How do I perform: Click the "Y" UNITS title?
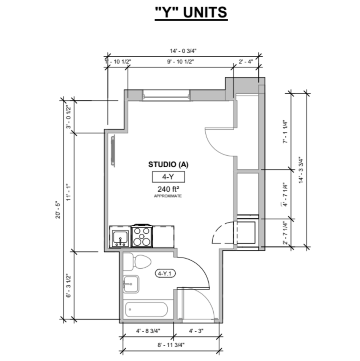point(191,12)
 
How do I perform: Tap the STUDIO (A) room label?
point(168,164)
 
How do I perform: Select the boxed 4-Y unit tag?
point(168,177)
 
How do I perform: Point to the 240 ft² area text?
point(168,189)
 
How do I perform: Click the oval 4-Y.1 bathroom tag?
point(165,274)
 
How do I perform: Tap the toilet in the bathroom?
point(138,262)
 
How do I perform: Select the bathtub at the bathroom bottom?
point(146,310)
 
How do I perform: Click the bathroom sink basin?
point(131,284)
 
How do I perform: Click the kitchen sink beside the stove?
point(120,238)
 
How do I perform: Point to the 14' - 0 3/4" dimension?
point(183,51)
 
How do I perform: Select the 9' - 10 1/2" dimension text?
point(181,61)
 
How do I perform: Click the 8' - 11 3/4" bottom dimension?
point(171,345)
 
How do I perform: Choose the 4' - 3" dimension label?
point(196,331)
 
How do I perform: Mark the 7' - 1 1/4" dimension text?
point(285,131)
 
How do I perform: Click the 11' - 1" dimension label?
point(69,192)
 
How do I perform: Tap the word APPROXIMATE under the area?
point(168,196)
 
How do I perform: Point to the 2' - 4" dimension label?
point(246,61)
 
